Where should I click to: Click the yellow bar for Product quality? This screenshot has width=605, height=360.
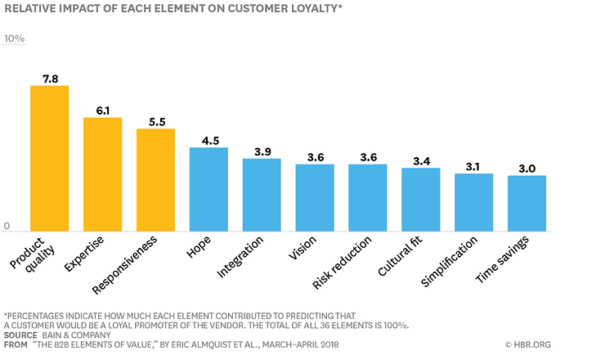pos(49,158)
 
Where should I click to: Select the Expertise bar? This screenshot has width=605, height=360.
pos(102,174)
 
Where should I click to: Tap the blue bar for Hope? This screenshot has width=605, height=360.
pos(208,189)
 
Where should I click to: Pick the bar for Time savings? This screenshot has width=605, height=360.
pos(527,203)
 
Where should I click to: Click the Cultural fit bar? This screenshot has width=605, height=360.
pos(420,200)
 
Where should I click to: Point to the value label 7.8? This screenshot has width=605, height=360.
pos(49,79)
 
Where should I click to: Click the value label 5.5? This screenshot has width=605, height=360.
pos(155,122)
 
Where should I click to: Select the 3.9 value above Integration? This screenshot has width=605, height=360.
pos(262,151)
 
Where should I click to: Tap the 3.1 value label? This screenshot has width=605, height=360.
pos(473,166)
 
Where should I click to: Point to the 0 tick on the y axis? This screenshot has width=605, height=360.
pos(7,226)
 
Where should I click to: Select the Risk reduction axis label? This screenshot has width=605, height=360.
pos(343,262)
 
